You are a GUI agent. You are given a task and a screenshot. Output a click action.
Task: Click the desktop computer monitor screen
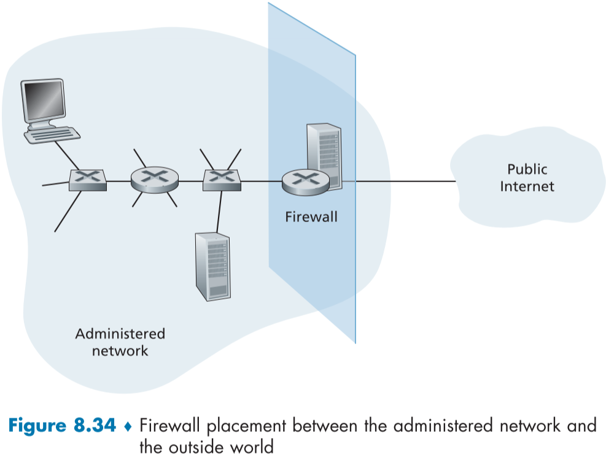tap(42, 99)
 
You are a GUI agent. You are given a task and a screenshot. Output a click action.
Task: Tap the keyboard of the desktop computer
tap(52, 133)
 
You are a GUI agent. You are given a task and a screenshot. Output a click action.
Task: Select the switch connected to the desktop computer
tap(87, 180)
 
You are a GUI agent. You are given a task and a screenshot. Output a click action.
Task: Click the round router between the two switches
tap(154, 179)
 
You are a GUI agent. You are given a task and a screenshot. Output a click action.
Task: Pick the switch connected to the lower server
tap(221, 179)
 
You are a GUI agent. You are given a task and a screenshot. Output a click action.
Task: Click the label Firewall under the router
tap(311, 217)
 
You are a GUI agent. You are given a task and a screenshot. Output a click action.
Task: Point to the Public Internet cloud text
tap(527, 178)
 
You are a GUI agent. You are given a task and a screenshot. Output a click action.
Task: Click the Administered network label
tap(120, 342)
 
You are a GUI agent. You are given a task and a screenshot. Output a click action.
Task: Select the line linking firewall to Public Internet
tap(405, 182)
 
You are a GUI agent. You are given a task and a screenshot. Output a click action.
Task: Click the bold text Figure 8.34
tap(61, 425)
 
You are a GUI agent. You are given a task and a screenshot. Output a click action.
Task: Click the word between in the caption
tap(332, 425)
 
